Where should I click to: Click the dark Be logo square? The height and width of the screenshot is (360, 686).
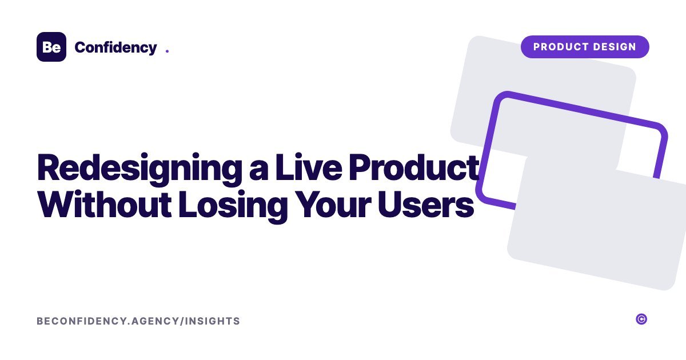pos(51,47)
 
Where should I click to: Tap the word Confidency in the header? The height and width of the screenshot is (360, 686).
pos(115,48)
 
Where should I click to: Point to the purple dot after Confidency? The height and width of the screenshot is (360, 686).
pos(167,51)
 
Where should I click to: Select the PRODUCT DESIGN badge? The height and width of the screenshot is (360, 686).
pos(585,47)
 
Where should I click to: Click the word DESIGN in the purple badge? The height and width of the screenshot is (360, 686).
pos(615,47)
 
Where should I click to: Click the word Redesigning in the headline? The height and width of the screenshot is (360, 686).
pos(139,169)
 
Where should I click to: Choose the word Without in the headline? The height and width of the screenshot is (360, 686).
pos(105,204)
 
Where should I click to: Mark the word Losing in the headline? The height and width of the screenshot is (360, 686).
pos(233,206)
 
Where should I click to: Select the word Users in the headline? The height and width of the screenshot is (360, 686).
pos(426,204)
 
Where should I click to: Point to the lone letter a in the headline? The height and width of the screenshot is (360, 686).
pos(259,171)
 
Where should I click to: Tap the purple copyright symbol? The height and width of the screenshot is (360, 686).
pos(641,319)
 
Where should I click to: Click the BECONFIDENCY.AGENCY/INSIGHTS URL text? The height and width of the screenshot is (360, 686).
pos(138,321)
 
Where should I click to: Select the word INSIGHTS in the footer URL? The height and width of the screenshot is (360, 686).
pos(213,321)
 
